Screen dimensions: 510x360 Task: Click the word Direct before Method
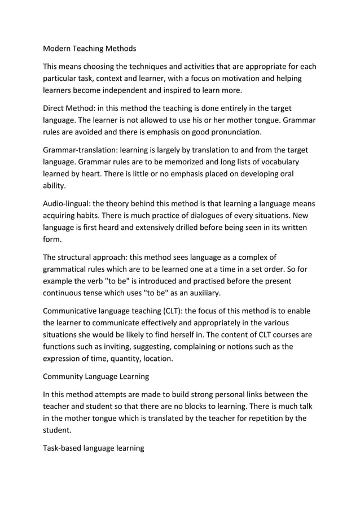tap(56, 108)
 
